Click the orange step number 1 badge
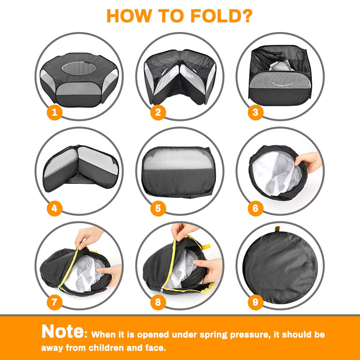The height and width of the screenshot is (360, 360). (x=54, y=112)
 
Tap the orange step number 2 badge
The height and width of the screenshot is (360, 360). (x=158, y=112)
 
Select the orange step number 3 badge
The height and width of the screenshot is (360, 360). (x=255, y=112)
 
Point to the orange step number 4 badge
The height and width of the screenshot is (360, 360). (x=54, y=208)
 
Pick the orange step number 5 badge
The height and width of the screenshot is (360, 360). (x=158, y=208)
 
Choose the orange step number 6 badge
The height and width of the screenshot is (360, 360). (x=255, y=208)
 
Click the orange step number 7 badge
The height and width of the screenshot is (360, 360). (x=54, y=302)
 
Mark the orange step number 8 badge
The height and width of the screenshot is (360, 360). (x=158, y=302)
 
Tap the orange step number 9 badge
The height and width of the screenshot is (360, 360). (x=255, y=302)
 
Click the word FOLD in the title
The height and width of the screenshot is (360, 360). (x=221, y=16)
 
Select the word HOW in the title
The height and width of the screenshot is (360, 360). (x=129, y=16)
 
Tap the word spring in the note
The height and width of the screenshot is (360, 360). (x=213, y=335)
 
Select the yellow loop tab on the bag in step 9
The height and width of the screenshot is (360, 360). (x=277, y=229)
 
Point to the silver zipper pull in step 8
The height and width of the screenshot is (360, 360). (x=162, y=290)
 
